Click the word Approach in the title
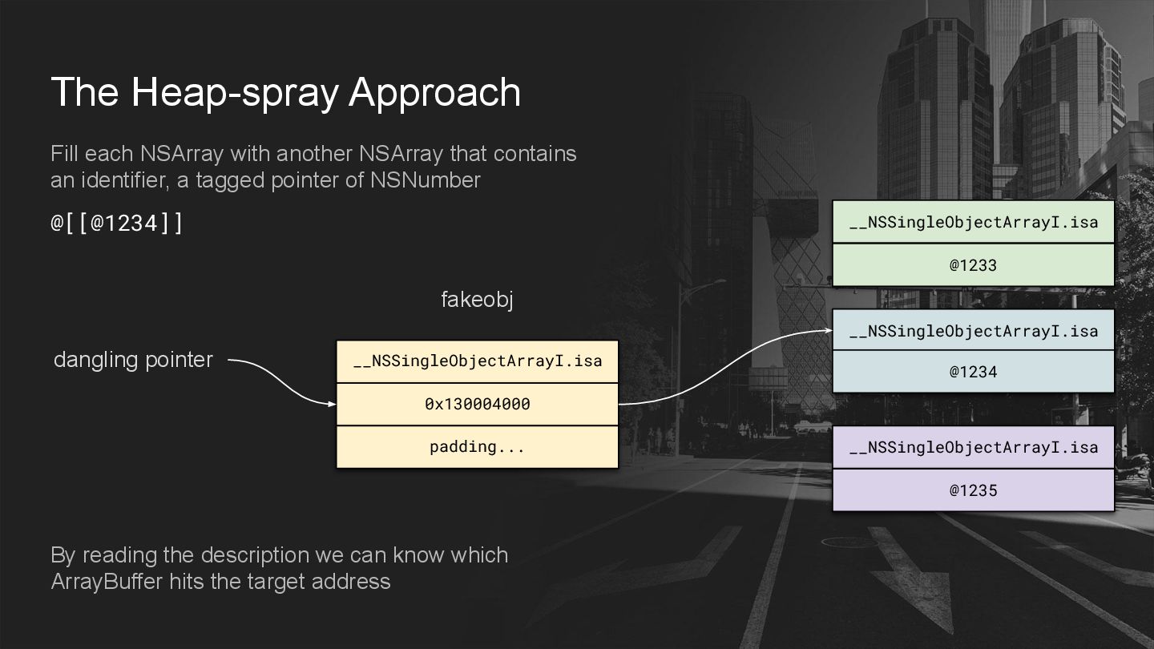(x=434, y=93)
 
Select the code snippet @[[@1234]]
(x=117, y=223)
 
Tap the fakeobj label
(x=477, y=300)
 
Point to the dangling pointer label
(x=133, y=360)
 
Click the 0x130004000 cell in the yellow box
(x=477, y=404)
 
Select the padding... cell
(x=477, y=447)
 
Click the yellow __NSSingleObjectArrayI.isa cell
(x=477, y=361)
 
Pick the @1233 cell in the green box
(x=973, y=265)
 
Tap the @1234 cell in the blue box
(x=973, y=372)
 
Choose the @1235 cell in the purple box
(x=973, y=490)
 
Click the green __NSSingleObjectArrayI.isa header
(x=973, y=222)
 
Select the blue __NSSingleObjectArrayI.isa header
(x=973, y=330)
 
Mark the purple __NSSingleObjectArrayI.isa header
(x=973, y=447)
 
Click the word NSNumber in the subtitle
(x=425, y=180)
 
